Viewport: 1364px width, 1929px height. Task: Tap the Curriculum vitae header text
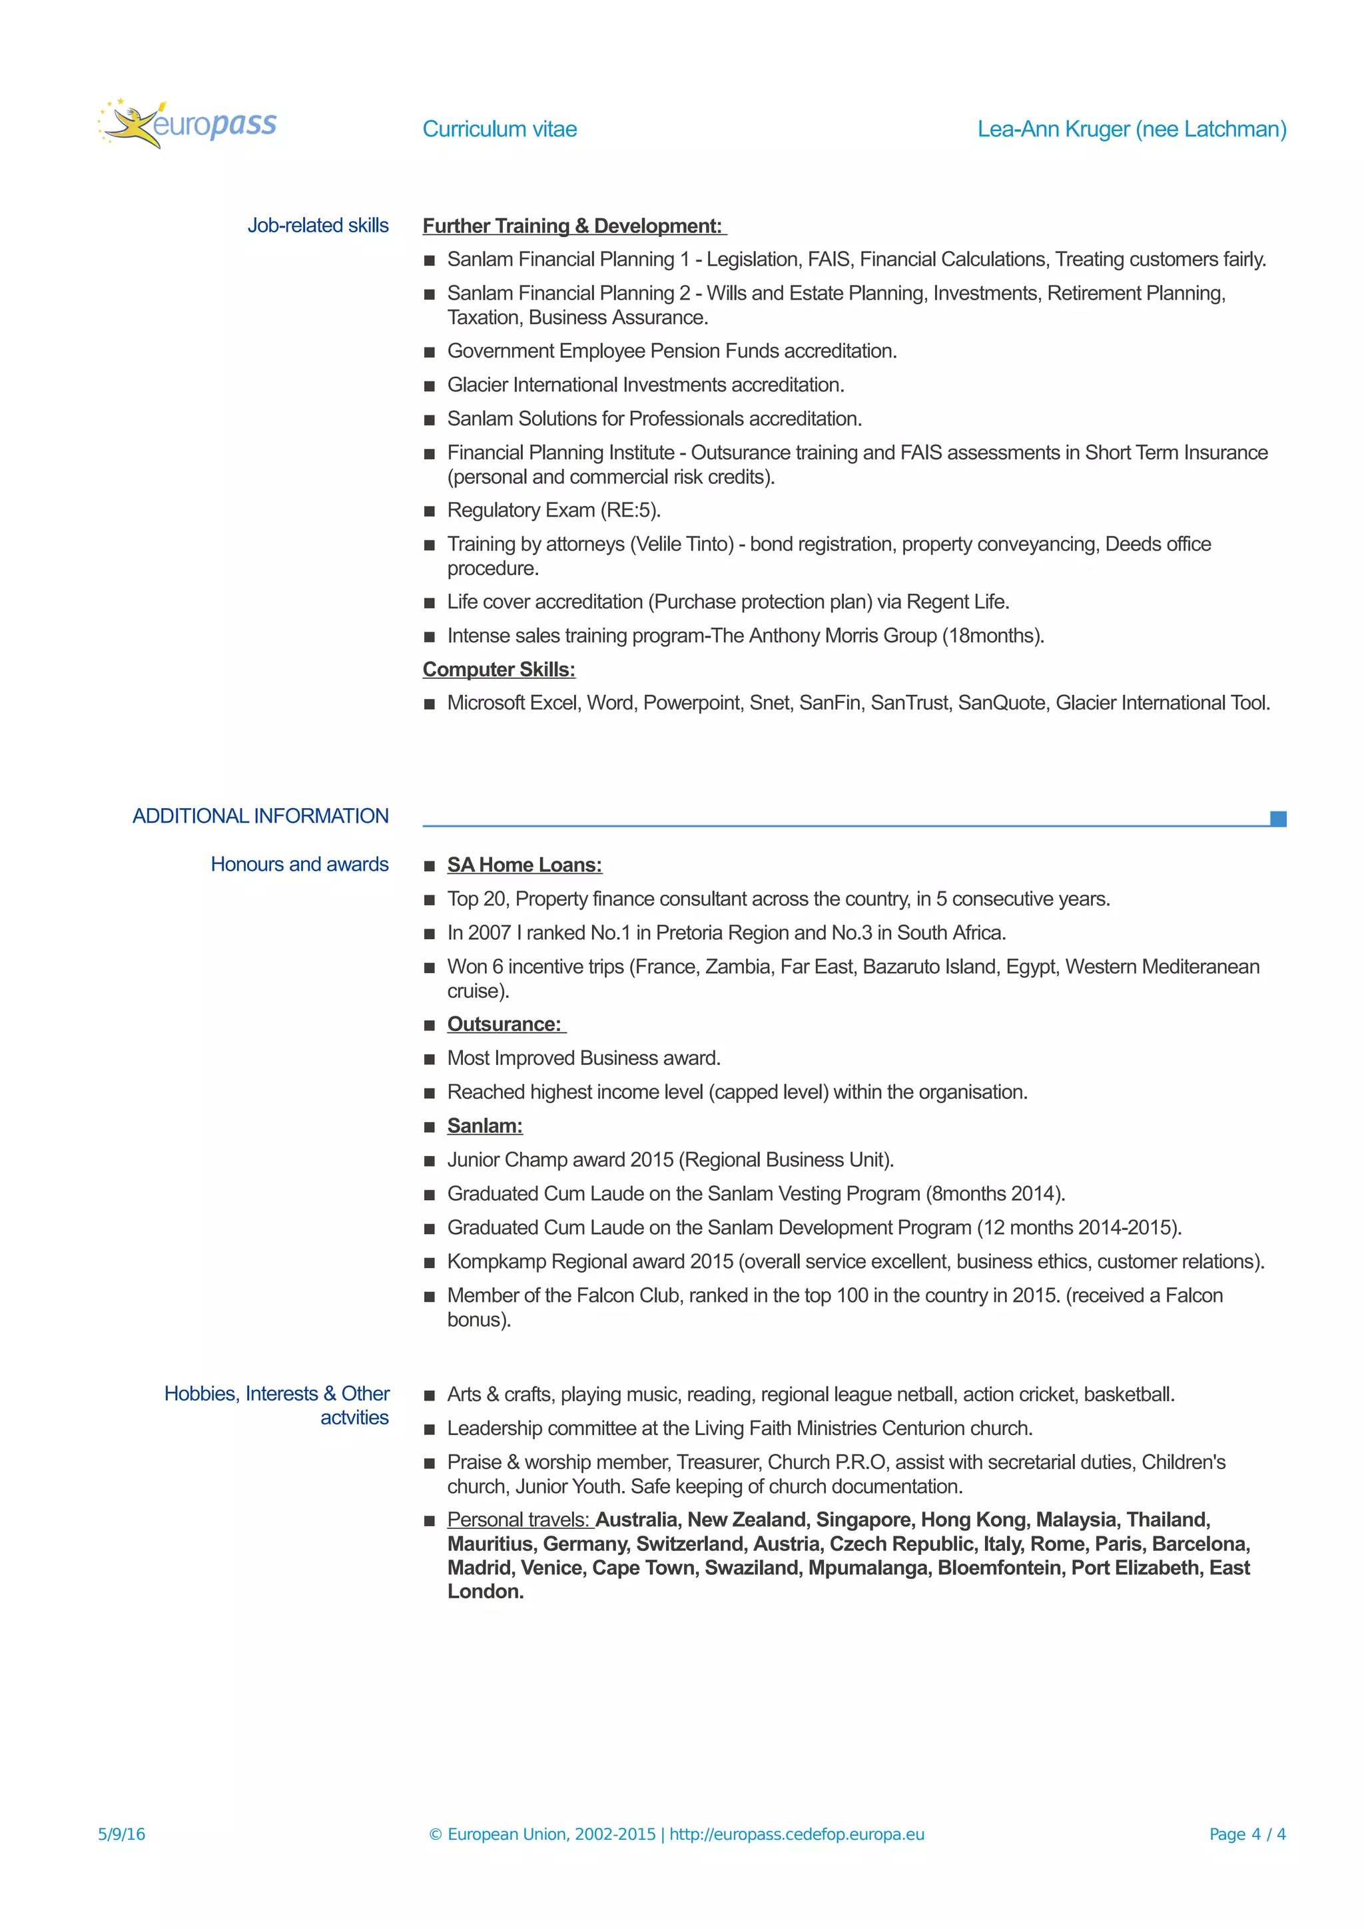click(500, 129)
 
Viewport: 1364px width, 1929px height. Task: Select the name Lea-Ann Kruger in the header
click(1053, 129)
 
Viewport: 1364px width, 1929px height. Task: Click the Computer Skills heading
click(498, 670)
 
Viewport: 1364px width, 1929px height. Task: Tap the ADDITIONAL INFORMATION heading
click(260, 816)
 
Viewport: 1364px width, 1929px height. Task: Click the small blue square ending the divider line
click(1277, 818)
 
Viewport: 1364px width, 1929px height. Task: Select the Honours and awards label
click(299, 865)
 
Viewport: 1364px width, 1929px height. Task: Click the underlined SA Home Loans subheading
click(524, 865)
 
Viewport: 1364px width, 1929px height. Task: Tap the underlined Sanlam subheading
click(485, 1126)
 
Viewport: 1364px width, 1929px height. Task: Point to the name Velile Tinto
click(683, 544)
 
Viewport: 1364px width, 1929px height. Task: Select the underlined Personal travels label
click(519, 1520)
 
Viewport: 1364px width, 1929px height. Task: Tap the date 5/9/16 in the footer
click(122, 1834)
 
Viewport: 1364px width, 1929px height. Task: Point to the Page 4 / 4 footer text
click(1247, 1834)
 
